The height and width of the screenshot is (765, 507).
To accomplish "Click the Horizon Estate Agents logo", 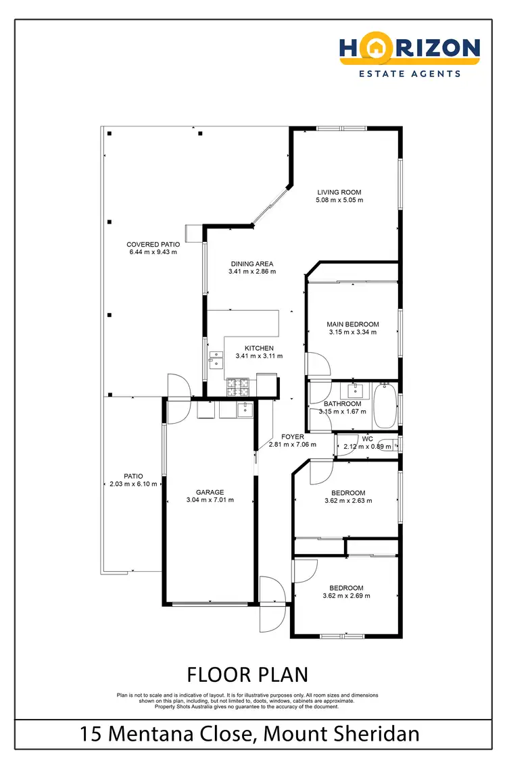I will pyautogui.click(x=410, y=57).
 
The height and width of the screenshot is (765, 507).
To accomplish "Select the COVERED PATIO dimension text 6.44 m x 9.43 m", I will pyautogui.click(x=152, y=252).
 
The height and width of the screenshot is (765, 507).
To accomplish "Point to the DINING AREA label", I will pyautogui.click(x=252, y=264).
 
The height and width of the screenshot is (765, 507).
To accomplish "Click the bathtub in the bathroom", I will pyautogui.click(x=386, y=405).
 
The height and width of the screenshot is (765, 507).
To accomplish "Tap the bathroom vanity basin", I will pyautogui.click(x=354, y=391).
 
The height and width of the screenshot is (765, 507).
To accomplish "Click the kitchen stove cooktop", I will pyautogui.click(x=237, y=387).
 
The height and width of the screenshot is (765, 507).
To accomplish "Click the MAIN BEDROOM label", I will pyautogui.click(x=353, y=324).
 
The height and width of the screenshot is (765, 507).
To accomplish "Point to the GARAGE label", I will pyautogui.click(x=210, y=492).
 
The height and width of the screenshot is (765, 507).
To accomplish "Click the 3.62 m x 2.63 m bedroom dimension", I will pyautogui.click(x=348, y=501).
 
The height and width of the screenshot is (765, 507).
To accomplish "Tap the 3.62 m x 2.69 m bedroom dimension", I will pyautogui.click(x=346, y=596).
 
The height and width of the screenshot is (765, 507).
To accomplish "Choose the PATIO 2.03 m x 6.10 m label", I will pyautogui.click(x=133, y=480).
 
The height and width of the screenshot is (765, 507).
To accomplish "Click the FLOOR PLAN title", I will pyautogui.click(x=247, y=674).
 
